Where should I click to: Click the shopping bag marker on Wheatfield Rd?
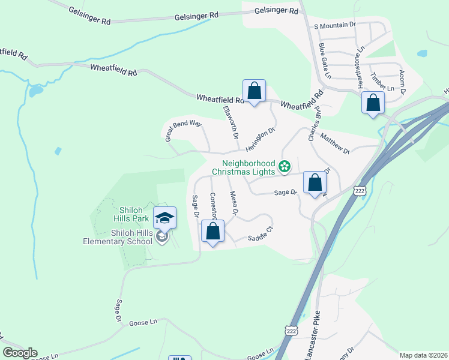[254, 92]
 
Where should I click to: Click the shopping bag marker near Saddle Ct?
[212, 232]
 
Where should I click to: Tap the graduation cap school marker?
[164, 218]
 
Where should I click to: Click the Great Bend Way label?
[183, 130]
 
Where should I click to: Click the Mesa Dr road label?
[234, 203]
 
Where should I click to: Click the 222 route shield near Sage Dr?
[360, 191]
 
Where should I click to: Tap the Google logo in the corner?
[20, 353]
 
